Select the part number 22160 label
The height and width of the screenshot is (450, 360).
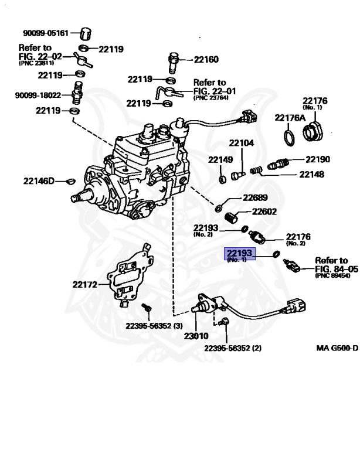click(206, 59)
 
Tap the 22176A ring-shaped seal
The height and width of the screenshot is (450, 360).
click(289, 138)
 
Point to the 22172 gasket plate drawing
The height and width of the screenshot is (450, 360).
click(129, 275)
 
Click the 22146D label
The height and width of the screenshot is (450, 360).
click(39, 180)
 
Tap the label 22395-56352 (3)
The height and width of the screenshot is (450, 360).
click(154, 326)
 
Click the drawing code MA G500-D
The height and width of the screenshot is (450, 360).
click(337, 347)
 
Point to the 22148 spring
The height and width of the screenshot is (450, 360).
click(255, 171)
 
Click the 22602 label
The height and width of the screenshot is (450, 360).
click(264, 212)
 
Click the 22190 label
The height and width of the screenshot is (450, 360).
click(317, 159)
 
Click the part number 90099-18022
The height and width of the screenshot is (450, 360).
click(39, 95)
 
